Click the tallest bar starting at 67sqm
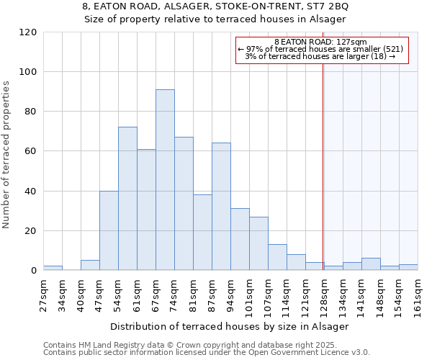pos(165,180)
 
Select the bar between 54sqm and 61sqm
pos(127,199)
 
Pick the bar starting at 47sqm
pos(109,230)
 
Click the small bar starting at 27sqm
pos(53,268)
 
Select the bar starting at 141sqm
pos(371,264)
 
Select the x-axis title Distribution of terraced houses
pos(230,326)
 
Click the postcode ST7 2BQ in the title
pos(330,6)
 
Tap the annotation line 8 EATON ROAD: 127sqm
pos(321,42)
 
